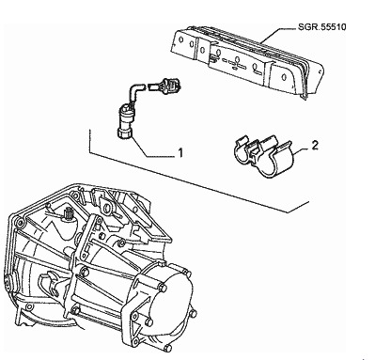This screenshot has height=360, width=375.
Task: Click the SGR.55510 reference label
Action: point(321,27)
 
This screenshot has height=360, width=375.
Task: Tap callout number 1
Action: point(180,153)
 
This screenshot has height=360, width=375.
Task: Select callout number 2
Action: point(315,145)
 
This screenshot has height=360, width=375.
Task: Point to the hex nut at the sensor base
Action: point(124,133)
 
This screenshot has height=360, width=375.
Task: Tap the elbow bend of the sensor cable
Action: point(134,87)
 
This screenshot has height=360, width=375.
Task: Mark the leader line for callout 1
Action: point(151,149)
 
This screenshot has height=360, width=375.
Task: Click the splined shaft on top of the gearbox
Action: point(68,214)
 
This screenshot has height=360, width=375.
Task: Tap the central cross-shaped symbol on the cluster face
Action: point(237,61)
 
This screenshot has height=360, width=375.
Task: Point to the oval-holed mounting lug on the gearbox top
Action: point(108,208)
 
